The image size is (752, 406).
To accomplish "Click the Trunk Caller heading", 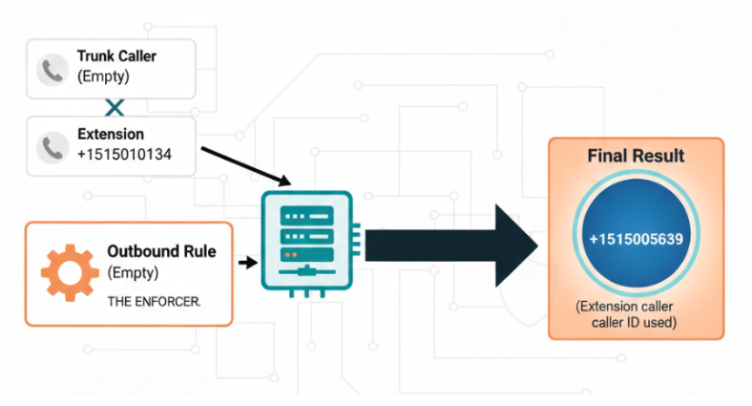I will (x=116, y=56).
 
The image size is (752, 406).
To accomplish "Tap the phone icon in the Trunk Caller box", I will (x=51, y=68).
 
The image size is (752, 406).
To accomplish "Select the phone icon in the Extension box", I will (x=51, y=145).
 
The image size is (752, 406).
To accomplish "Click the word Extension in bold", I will (x=110, y=135).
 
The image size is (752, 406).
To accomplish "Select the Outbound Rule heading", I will (x=161, y=253).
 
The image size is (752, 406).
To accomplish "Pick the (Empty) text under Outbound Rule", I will (x=132, y=273).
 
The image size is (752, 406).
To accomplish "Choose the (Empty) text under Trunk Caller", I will (x=102, y=76).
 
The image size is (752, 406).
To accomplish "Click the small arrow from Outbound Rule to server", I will (x=247, y=262).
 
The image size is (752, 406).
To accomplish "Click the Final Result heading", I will (x=636, y=156).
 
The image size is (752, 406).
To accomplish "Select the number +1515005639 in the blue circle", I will (x=635, y=239).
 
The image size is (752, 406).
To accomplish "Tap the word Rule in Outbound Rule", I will (x=198, y=253).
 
